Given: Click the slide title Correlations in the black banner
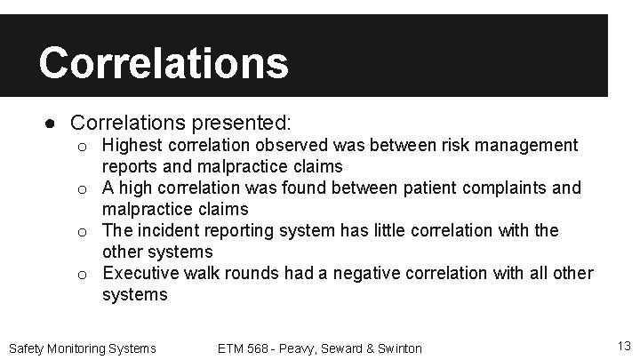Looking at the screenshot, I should tap(164, 62).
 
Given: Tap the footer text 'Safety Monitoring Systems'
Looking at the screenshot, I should tap(82, 348).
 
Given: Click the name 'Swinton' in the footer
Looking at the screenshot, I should tap(399, 348).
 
